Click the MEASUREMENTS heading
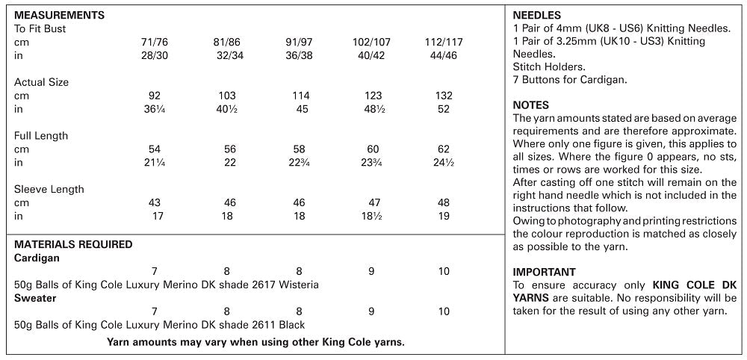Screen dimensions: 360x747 pos(59,15)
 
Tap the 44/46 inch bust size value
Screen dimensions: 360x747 pos(444,56)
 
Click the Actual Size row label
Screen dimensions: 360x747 pos(41,82)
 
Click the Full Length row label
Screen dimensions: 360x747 pos(41,136)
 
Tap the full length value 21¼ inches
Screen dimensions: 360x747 pos(155,163)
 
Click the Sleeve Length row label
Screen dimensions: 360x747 pos(49,190)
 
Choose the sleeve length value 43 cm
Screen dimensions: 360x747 pos(155,203)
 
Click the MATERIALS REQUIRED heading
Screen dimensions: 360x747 pos(73,244)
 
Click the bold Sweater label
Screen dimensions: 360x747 pos(35,298)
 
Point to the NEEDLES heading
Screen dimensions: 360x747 pos(537,15)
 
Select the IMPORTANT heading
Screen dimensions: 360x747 pos(545,272)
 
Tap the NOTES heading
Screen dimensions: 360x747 pos(531,105)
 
